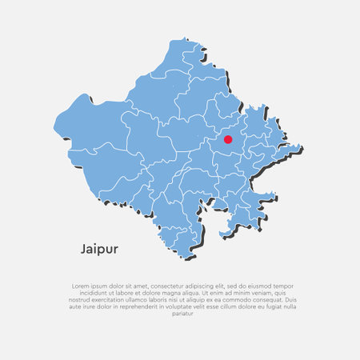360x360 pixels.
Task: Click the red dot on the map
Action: [x=227, y=139]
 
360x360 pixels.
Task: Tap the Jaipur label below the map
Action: [x=99, y=249]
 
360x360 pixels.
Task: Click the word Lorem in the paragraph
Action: [x=80, y=285]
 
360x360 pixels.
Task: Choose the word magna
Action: [x=180, y=292]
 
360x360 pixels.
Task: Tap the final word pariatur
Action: [x=183, y=314]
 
